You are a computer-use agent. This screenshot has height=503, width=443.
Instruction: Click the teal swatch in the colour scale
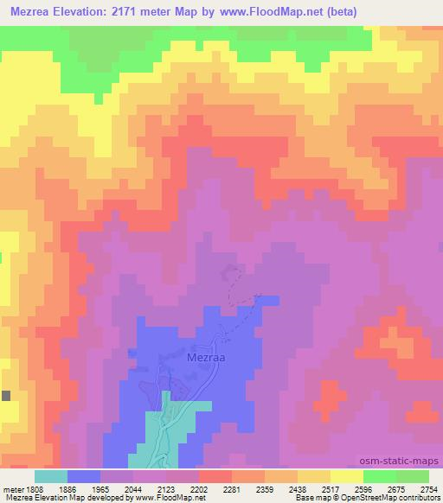click(x=51, y=476)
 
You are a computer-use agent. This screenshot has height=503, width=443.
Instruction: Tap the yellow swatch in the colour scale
click(x=347, y=476)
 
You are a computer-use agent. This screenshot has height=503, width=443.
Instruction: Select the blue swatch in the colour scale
click(x=84, y=476)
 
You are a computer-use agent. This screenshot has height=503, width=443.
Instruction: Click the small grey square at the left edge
click(x=6, y=395)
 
